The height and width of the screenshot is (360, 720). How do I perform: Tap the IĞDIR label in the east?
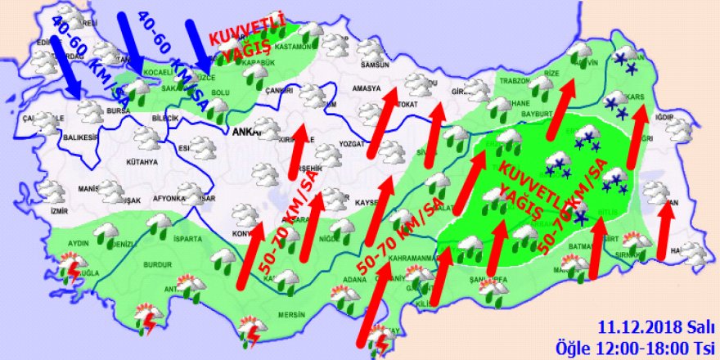pos(664,118)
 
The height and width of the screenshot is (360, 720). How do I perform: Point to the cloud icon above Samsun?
pos(374,48)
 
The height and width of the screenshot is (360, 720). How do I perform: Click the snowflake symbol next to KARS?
pos(611,103)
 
